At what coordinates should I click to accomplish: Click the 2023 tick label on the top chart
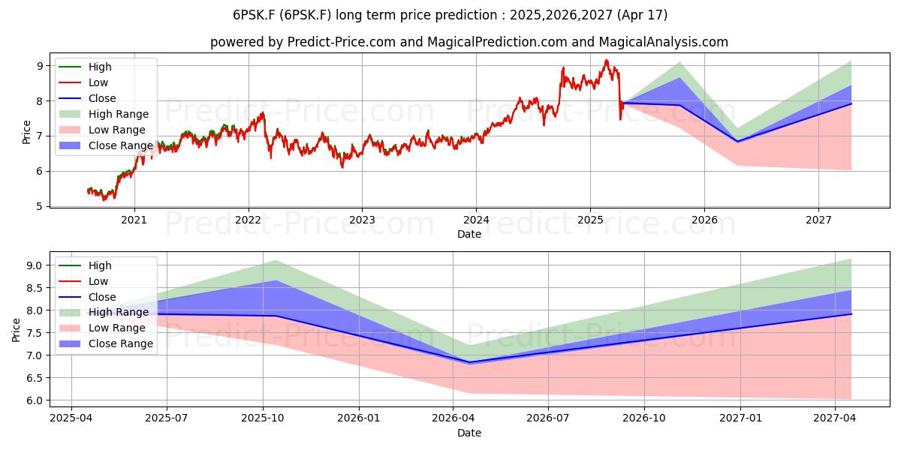[362, 220]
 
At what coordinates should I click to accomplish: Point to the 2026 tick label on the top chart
[704, 220]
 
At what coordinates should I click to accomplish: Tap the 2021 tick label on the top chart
[134, 220]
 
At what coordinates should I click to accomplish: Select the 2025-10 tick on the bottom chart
[263, 418]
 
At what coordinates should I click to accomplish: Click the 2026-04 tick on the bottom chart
[454, 418]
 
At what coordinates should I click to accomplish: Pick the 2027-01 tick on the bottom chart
[740, 418]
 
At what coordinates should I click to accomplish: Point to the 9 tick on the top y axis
[40, 66]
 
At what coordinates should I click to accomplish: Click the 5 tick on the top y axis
[40, 206]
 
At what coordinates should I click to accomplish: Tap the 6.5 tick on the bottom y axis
[35, 378]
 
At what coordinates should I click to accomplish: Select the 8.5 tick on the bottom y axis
[35, 288]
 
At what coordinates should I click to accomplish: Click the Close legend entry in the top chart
[87, 98]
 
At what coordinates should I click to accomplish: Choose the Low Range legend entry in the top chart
[102, 130]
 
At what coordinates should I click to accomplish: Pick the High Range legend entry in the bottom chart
[104, 312]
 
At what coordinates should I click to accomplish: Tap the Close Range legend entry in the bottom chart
[106, 343]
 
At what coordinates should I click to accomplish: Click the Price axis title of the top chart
[26, 132]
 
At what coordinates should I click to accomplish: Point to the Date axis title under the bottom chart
[469, 433]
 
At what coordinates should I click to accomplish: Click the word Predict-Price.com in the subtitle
[341, 42]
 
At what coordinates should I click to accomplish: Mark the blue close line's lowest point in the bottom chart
[469, 362]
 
